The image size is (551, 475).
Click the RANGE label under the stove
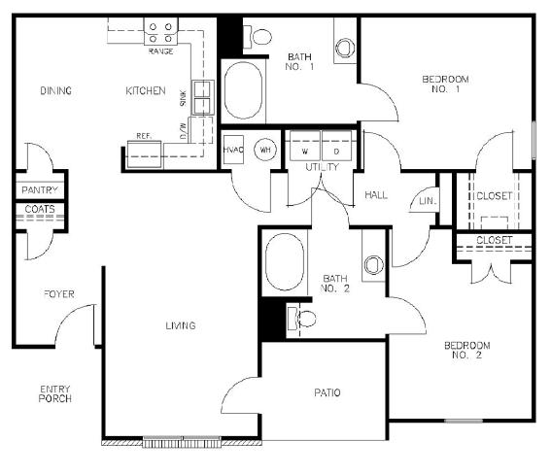(x=160, y=51)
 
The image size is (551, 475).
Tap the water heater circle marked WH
(x=265, y=150)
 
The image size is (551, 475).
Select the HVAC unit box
(x=233, y=150)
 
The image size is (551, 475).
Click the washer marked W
(x=305, y=146)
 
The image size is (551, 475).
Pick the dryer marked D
(x=336, y=146)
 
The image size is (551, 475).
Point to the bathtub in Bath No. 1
(x=243, y=90)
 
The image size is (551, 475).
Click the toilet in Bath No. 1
(x=258, y=37)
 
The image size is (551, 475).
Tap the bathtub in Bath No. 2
(x=285, y=261)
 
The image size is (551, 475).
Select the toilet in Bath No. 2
(x=302, y=319)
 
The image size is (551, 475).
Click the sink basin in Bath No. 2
(x=373, y=265)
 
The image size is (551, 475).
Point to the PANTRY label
(x=40, y=190)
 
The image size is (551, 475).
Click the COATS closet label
(x=40, y=209)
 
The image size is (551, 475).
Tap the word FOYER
(x=59, y=293)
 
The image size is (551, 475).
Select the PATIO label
(x=327, y=392)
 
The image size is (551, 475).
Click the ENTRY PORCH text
(x=55, y=393)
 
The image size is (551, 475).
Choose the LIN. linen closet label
(x=428, y=201)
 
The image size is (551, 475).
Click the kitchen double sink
(x=203, y=97)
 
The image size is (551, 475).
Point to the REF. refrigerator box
(x=144, y=154)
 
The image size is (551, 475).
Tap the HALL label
(x=376, y=195)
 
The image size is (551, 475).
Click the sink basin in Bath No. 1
(x=345, y=48)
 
